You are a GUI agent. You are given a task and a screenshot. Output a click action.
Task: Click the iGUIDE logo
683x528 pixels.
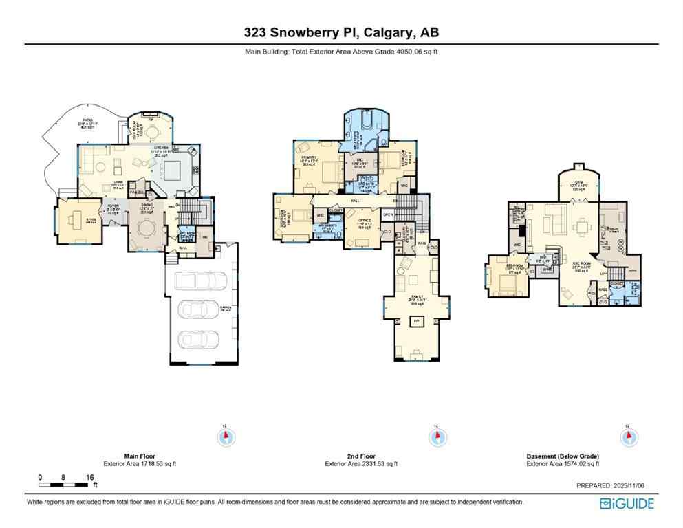click(x=626, y=504)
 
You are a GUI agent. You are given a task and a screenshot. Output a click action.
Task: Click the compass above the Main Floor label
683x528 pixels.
click(x=225, y=437)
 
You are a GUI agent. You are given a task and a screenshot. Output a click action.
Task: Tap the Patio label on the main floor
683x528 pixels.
click(x=88, y=123)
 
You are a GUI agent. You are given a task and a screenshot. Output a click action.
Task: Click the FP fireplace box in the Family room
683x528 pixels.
click(x=415, y=321)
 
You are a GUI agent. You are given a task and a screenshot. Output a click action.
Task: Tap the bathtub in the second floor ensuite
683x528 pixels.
click(x=362, y=122)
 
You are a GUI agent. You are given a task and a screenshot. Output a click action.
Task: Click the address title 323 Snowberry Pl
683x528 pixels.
click(x=341, y=32)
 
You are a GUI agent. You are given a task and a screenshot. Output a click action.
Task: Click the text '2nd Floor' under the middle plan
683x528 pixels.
click(x=361, y=456)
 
